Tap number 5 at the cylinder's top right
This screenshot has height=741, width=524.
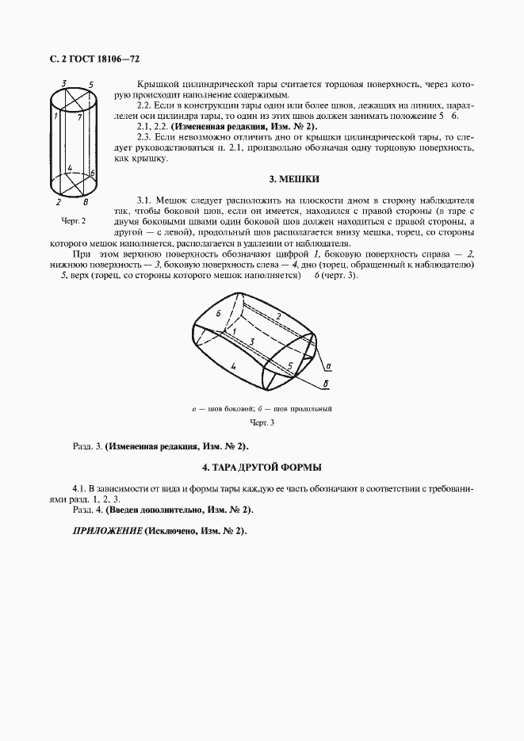pos(92,84)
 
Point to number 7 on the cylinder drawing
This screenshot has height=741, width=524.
pos(80,117)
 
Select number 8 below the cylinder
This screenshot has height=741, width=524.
pos(86,202)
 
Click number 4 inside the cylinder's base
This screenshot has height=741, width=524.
pos(71,168)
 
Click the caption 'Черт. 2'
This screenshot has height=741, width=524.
pos(73,220)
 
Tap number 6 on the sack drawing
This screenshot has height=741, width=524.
pos(218,314)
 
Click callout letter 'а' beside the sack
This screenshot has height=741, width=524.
pos(328,366)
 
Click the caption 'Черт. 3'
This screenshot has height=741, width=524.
pos(261,422)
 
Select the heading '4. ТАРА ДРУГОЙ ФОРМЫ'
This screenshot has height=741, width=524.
pos(262,468)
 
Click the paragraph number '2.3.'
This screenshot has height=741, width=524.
pos(145,137)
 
